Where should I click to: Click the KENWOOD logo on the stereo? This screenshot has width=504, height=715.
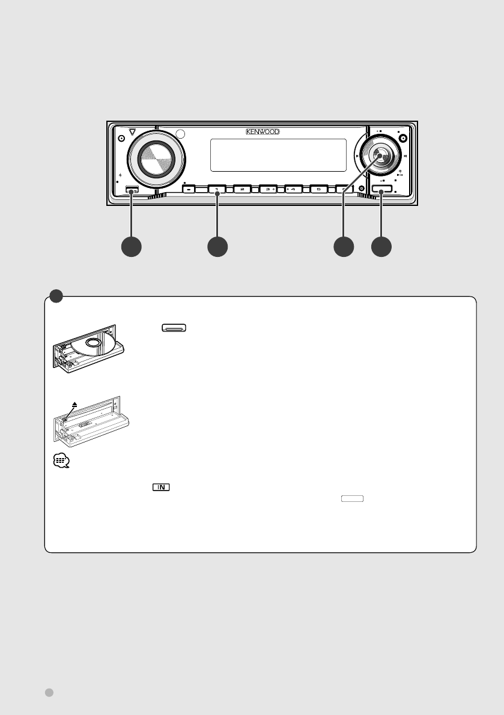pos(261,131)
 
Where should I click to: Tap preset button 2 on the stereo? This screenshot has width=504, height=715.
pos(242,189)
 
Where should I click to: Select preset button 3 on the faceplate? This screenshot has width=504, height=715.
pos(267,189)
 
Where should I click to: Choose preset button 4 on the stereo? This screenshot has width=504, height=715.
pos(293,189)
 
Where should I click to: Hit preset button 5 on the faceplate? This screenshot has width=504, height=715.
pos(318,189)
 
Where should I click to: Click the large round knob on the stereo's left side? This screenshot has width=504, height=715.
pos(156,158)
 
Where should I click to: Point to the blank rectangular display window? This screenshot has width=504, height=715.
pos(279,155)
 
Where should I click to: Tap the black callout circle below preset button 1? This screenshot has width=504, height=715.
pos(217,247)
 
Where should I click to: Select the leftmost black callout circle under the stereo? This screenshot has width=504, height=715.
pos(132,247)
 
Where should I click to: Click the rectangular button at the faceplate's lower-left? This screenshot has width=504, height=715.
pos(133,191)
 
